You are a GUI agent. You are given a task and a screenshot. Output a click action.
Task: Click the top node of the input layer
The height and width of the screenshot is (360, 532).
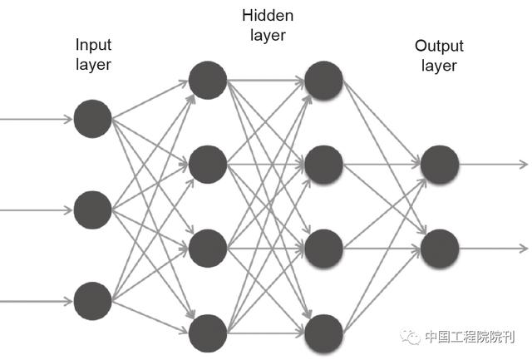[x=92, y=119]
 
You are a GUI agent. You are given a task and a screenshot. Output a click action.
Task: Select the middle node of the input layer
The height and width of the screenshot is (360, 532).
[x=92, y=210]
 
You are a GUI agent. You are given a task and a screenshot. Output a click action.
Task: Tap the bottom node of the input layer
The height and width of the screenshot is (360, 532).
[x=92, y=300]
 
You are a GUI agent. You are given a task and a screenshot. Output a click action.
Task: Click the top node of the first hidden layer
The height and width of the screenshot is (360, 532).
[x=208, y=80]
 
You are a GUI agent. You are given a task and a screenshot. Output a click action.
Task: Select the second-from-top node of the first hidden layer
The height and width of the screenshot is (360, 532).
[x=208, y=165]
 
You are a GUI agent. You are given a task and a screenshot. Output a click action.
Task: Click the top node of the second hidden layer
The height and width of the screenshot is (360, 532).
[x=323, y=80]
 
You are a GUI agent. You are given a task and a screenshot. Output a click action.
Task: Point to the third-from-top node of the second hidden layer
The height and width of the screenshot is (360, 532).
[x=323, y=249]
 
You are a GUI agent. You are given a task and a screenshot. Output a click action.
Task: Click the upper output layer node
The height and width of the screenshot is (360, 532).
[x=439, y=165]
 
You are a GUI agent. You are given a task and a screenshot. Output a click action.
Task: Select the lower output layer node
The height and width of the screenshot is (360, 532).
[x=439, y=249]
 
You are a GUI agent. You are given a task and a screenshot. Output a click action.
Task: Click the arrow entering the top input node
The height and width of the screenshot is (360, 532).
[x=37, y=119]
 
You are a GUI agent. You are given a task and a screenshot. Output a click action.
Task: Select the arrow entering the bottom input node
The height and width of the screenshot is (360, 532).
[x=37, y=300]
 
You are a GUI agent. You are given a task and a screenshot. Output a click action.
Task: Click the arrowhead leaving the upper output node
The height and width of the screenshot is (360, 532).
[x=522, y=165]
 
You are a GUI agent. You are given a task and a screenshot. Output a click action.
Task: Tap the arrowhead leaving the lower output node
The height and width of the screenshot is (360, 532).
[x=522, y=249]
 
